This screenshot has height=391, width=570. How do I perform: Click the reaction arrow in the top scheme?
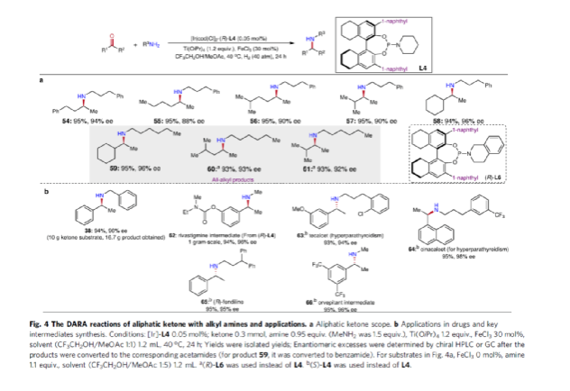pos(230,44)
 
